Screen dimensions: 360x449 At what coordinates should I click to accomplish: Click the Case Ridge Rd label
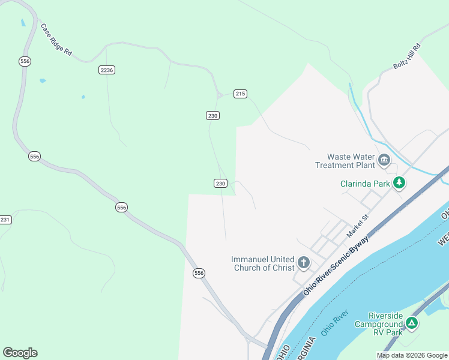click(56, 40)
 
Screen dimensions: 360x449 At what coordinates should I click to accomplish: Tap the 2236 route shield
click(107, 70)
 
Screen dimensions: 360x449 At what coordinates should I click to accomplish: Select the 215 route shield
click(240, 94)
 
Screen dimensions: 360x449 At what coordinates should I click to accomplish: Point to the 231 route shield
click(5, 220)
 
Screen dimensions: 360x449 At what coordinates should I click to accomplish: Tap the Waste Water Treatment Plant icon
click(384, 160)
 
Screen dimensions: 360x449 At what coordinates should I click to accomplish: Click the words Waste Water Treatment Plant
click(345, 160)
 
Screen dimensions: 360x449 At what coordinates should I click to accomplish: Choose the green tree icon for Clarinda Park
click(399, 183)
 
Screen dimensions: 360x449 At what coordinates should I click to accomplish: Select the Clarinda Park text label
click(364, 183)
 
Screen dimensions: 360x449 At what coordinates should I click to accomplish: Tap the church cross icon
click(304, 263)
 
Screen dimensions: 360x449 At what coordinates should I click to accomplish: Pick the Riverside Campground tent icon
click(411, 323)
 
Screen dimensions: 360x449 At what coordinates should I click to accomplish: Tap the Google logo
click(20, 353)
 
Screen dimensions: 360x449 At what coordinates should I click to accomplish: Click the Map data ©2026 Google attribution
click(412, 355)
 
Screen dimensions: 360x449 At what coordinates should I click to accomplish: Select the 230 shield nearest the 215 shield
click(212, 115)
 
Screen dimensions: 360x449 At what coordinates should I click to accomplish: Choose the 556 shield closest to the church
click(199, 273)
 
